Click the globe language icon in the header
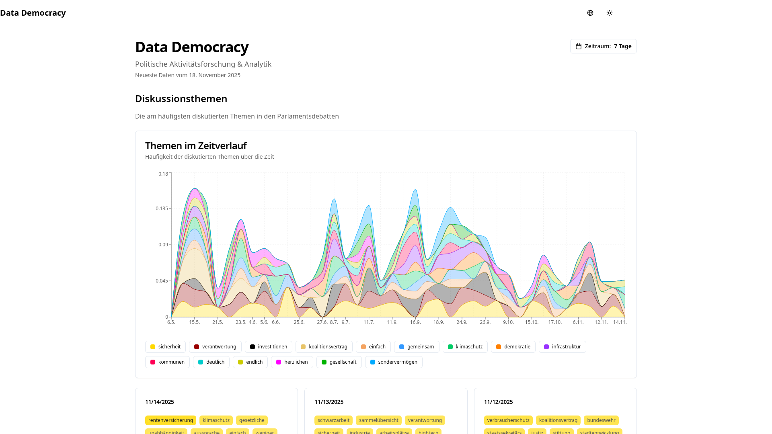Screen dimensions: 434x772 (x=590, y=13)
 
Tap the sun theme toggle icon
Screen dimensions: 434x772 (x=610, y=13)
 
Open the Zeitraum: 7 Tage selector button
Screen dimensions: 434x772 (x=603, y=46)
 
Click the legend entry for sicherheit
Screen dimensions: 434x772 (x=165, y=347)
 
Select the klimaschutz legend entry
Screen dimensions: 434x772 (x=465, y=347)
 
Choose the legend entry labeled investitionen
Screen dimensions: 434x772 (x=268, y=347)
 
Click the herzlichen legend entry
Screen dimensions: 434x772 (x=292, y=362)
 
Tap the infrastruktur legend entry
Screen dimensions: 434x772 (x=562, y=347)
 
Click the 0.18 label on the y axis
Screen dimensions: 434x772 (x=163, y=174)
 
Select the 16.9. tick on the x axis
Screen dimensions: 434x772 (x=415, y=322)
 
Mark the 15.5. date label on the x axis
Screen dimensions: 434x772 (x=194, y=322)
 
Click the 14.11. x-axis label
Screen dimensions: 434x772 (x=620, y=322)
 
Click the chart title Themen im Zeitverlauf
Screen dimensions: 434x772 (x=196, y=145)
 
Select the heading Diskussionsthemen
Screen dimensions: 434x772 (x=181, y=98)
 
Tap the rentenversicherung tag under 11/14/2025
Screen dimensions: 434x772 (x=170, y=420)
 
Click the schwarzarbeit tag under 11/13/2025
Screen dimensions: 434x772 (x=333, y=420)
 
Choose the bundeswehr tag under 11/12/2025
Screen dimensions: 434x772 (x=601, y=420)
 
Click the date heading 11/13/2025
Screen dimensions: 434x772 (x=329, y=402)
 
